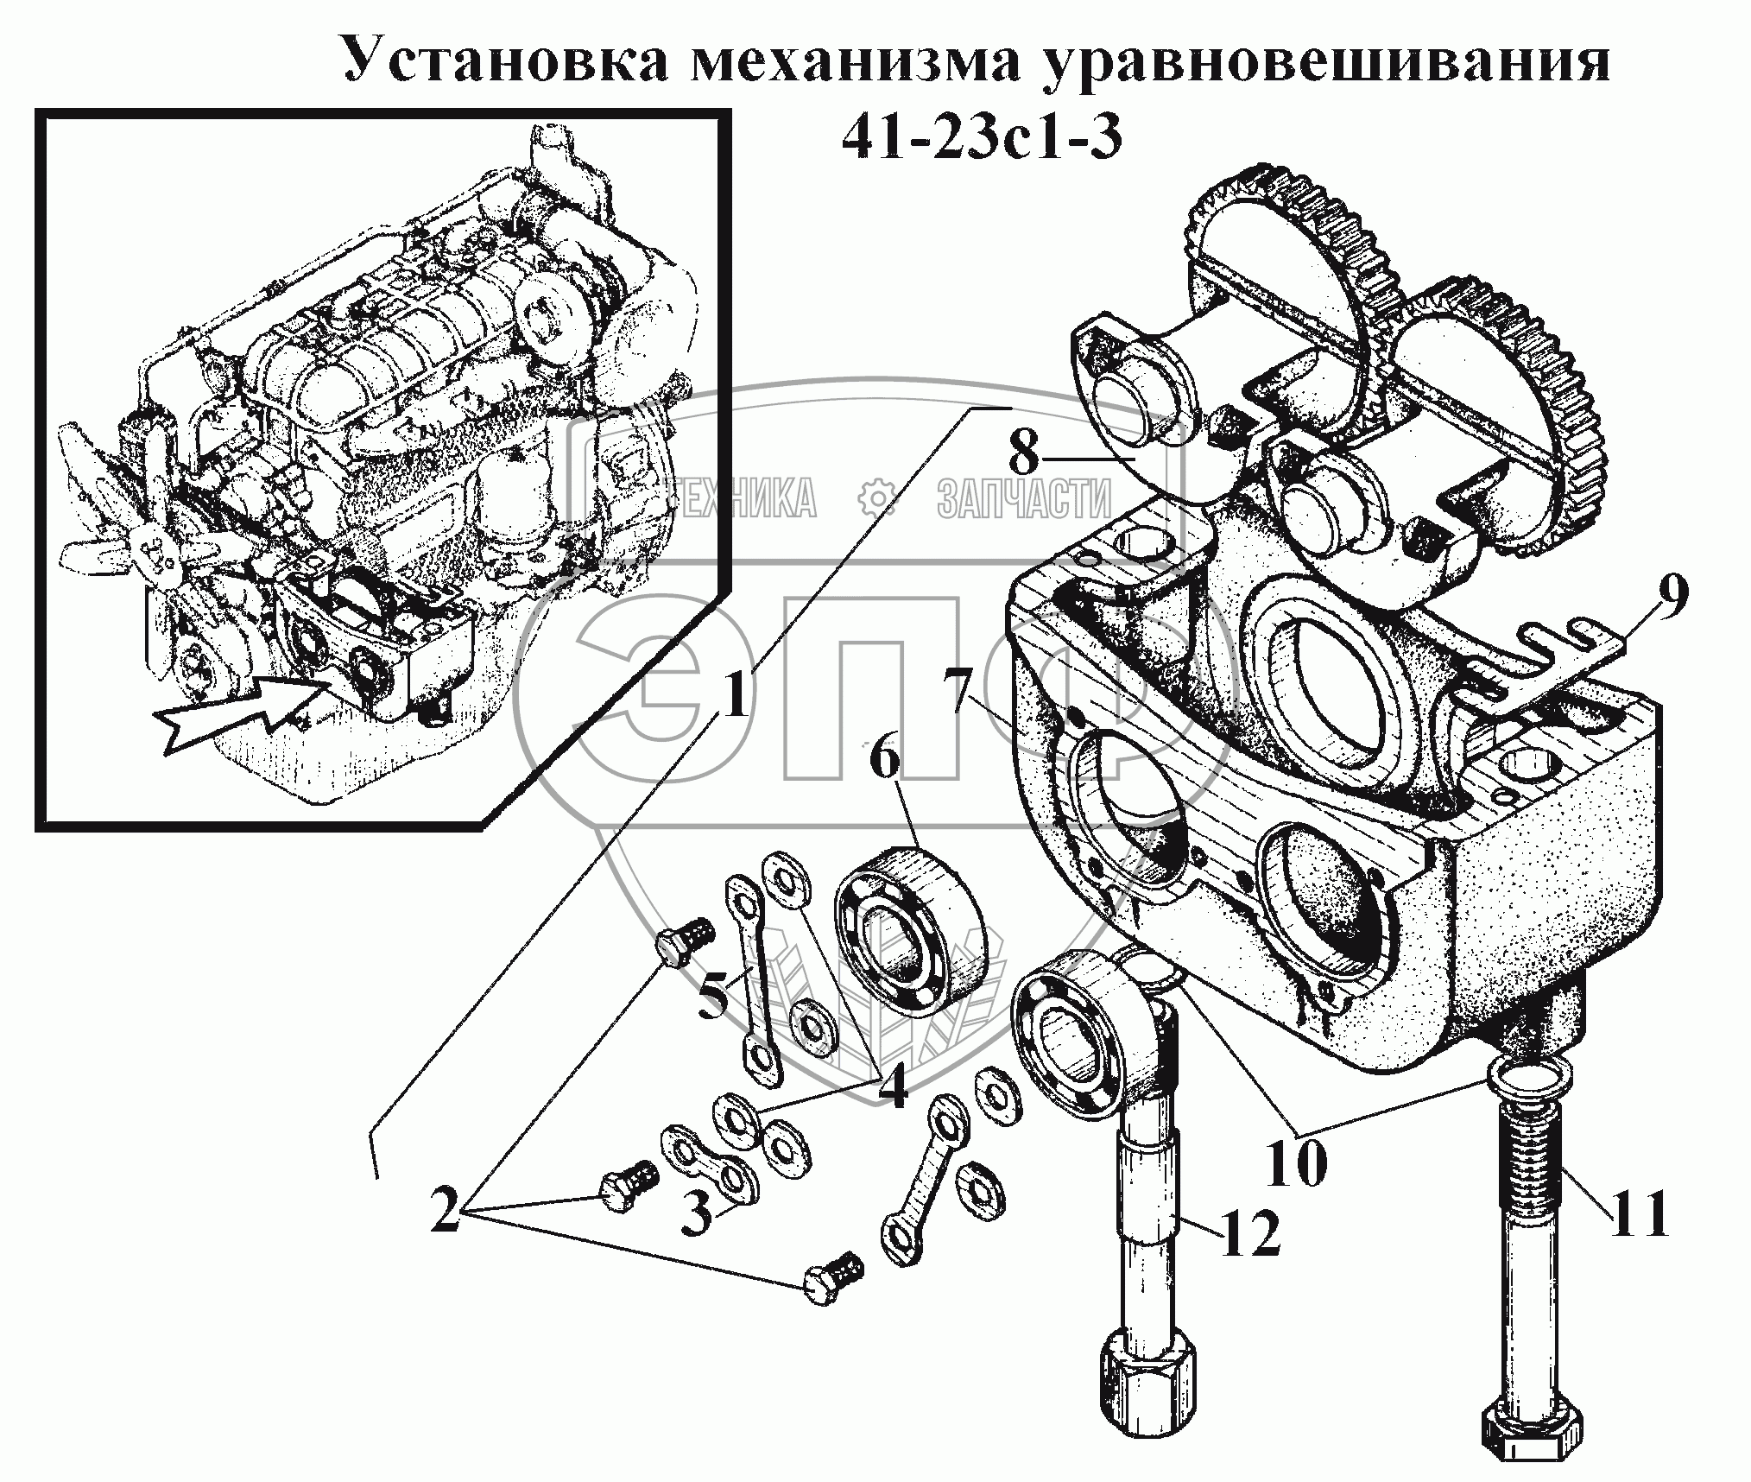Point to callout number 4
[892, 1087]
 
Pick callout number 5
[713, 995]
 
